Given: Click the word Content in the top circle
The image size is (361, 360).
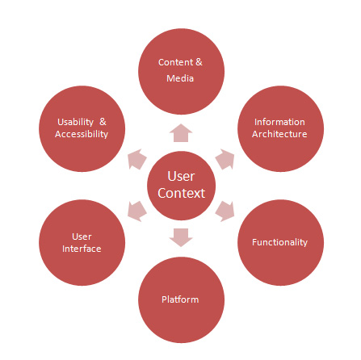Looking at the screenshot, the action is (x=175, y=62).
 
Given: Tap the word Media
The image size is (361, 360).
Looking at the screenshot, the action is (x=180, y=78).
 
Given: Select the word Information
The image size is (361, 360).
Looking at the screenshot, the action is (x=279, y=122).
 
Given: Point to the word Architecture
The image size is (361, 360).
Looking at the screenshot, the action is (x=279, y=134).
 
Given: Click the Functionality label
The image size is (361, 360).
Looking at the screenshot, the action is (x=279, y=242).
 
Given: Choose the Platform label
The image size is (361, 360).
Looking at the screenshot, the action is (x=180, y=299).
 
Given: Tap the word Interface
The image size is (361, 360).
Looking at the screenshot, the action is (x=82, y=249).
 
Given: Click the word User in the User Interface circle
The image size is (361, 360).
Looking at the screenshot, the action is (x=82, y=237).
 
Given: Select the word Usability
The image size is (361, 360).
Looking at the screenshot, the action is (x=75, y=122).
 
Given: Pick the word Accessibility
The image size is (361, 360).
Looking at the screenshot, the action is (x=82, y=134).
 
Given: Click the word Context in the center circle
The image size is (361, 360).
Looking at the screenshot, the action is (x=182, y=193).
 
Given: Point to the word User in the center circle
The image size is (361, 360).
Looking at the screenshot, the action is (x=181, y=177).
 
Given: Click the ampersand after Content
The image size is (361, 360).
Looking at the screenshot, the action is (x=199, y=62).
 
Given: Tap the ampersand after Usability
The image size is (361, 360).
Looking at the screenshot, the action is (x=103, y=122).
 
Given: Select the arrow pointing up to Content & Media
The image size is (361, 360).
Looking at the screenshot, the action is (x=181, y=133).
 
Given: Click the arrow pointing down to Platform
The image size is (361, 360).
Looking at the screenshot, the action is (x=181, y=237).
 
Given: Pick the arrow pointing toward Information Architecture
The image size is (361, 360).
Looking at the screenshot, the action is (x=225, y=159).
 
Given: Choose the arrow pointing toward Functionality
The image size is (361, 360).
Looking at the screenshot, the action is (x=225, y=211).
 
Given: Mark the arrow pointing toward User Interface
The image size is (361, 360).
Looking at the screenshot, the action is (x=136, y=211).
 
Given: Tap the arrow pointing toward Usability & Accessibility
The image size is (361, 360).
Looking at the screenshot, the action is (x=136, y=159).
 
